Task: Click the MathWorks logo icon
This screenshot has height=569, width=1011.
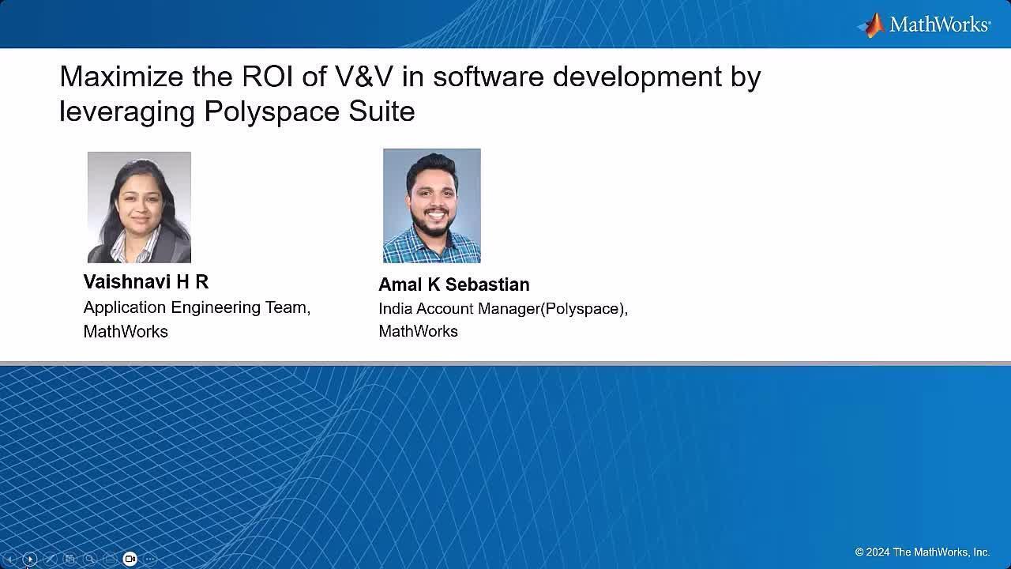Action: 871,24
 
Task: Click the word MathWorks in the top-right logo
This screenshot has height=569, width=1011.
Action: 939,24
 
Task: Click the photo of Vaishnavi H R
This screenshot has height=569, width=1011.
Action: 139,207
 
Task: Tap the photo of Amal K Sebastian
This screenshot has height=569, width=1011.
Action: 431,205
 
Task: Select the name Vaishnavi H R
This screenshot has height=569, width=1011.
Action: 146,282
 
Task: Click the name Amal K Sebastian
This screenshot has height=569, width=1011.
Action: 454,284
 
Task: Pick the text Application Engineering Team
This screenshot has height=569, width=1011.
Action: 197,307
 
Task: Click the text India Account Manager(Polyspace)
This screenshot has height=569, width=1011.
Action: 503,309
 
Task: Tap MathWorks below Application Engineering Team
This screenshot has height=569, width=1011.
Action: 126,331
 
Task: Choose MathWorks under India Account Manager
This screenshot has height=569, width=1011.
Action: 419,331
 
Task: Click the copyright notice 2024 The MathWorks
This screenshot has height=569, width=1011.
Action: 922,552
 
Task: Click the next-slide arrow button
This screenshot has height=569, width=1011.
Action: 30,559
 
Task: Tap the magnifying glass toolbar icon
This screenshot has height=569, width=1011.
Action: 90,559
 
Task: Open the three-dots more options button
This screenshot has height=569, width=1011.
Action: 150,559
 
